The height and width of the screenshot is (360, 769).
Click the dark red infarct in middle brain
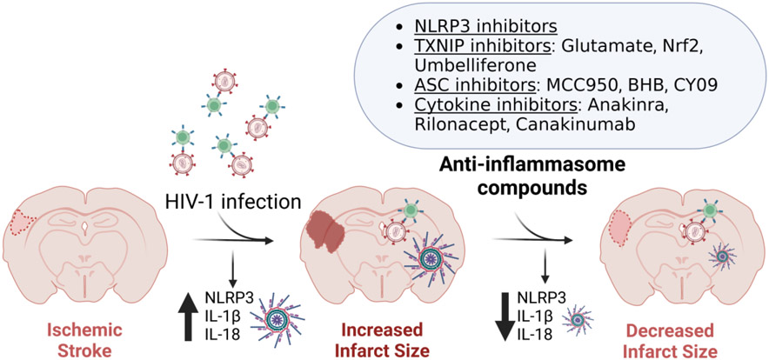click(327, 235)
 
